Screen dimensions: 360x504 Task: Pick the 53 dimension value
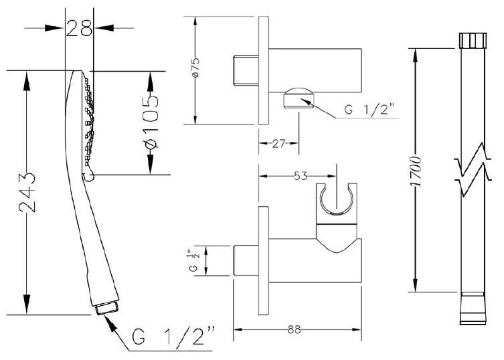(301, 176)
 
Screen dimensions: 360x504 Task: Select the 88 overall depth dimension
(293, 329)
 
